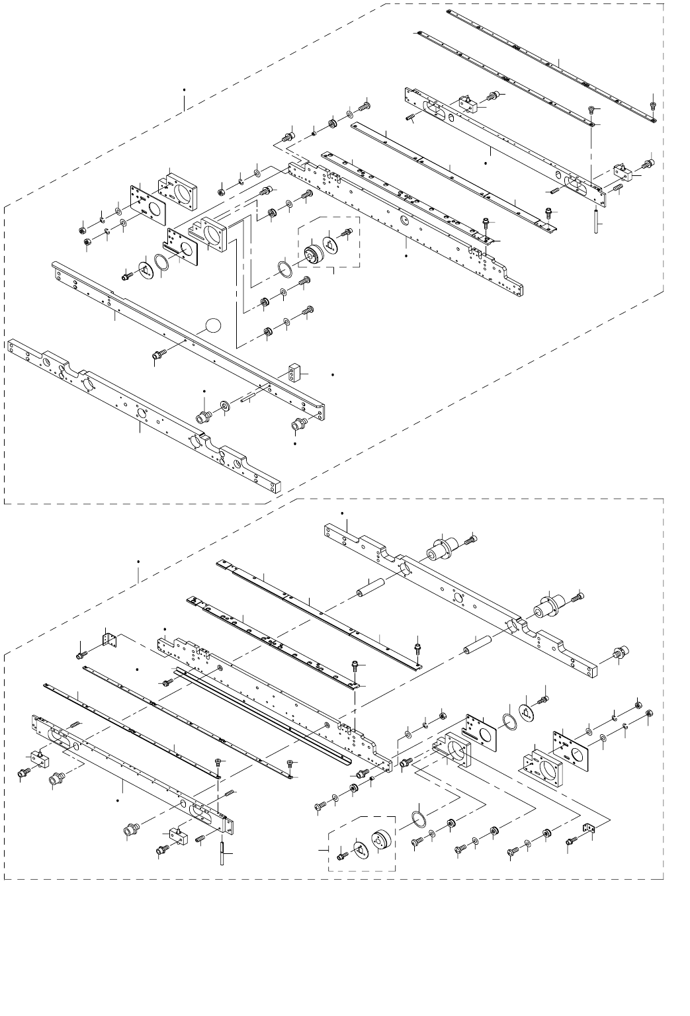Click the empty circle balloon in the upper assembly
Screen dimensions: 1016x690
212,325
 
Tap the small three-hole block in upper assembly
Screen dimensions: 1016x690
293,372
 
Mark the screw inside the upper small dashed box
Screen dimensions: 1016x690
347,233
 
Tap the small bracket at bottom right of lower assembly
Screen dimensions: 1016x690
588,827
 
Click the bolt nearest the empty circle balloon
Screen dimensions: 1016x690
159,356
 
